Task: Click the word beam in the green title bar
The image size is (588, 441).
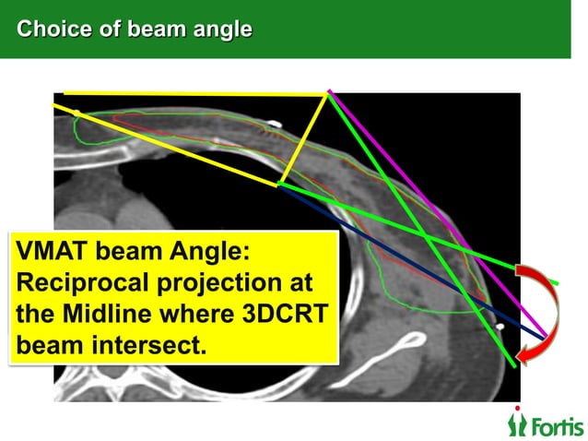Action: pos(158,30)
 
